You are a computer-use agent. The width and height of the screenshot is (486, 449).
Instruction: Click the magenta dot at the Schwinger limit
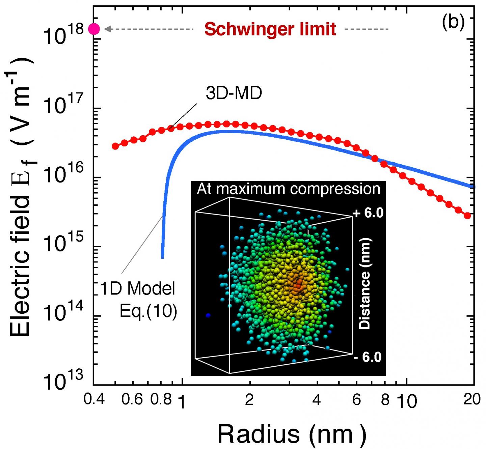94,29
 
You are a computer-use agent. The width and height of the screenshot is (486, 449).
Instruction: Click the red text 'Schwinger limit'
270,29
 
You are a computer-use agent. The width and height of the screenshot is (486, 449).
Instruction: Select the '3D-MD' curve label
234,94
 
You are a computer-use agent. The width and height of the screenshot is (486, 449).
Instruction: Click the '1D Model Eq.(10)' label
139,300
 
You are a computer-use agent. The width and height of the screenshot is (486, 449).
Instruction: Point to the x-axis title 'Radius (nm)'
292,434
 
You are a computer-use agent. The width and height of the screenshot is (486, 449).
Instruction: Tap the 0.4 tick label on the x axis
93,400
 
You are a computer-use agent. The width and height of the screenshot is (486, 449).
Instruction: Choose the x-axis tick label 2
249,400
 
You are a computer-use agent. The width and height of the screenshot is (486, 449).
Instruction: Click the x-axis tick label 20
472,400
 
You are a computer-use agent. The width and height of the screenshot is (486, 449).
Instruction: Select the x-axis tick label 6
357,400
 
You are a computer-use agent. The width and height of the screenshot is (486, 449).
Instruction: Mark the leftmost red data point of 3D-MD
115,146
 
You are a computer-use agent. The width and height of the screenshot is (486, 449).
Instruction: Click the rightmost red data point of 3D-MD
467,216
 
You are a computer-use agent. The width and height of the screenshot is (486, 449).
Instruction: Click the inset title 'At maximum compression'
289,189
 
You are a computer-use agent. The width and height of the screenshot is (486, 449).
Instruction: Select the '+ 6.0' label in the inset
368,213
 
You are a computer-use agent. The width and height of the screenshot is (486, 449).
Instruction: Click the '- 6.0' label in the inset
368,357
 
